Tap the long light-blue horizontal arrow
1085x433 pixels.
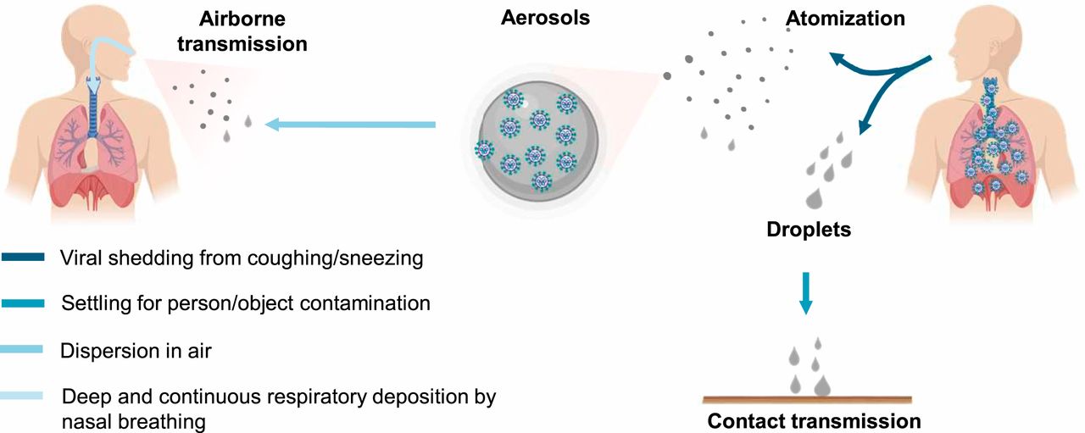pyautogui.click(x=350, y=125)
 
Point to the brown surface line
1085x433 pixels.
pyautogui.click(x=808, y=399)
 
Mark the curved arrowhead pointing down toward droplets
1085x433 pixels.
pyautogui.click(x=865, y=128)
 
